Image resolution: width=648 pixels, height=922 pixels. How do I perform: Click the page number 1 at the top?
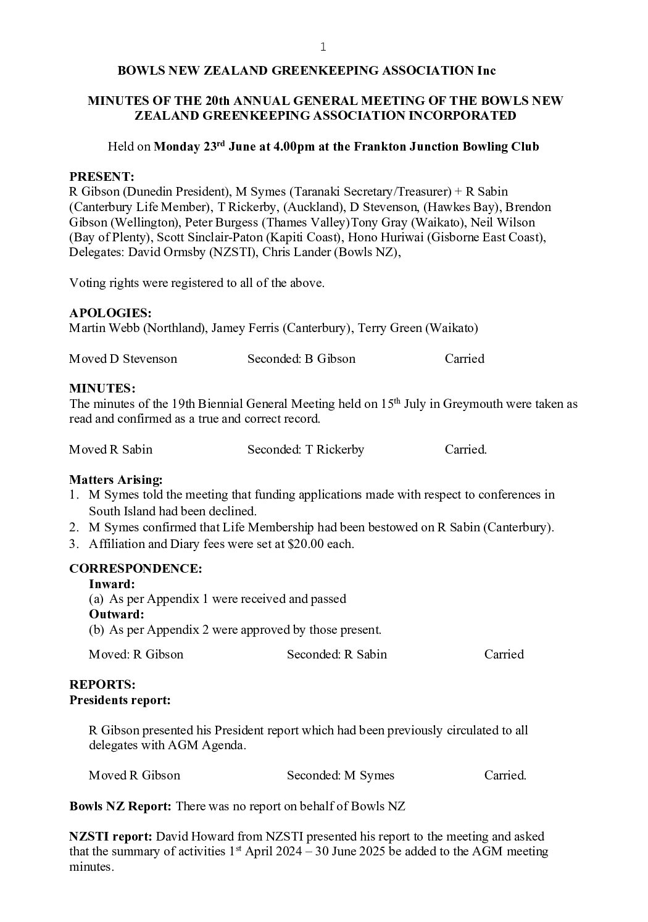click(323, 47)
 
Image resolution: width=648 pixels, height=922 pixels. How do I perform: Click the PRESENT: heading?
click(101, 177)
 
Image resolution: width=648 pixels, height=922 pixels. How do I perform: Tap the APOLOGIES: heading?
click(110, 313)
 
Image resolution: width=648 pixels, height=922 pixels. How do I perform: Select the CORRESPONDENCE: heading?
click(135, 568)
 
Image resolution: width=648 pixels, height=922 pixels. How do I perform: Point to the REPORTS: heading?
click(102, 684)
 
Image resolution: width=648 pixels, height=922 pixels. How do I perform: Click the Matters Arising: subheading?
click(116, 480)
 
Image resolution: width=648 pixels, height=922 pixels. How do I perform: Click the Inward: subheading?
click(112, 584)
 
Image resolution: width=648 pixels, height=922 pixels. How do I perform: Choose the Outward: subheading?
click(116, 615)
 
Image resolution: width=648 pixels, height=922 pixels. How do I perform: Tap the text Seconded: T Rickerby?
click(305, 450)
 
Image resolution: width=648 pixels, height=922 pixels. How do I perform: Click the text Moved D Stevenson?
click(123, 359)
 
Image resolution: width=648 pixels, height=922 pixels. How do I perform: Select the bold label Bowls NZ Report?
click(120, 806)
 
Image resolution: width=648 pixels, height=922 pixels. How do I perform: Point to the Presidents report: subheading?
click(120, 700)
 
